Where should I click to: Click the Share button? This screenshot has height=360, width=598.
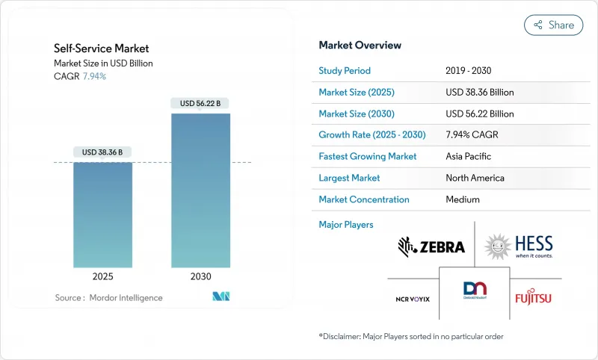pos(553,25)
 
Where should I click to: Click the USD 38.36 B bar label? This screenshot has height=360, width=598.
pos(103,152)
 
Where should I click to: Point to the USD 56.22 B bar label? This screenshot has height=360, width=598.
pos(201,103)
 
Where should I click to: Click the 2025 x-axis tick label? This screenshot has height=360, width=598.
pos(103,276)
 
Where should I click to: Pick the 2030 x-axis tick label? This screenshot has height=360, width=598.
pos(201,276)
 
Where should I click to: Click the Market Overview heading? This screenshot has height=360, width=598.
pos(360,46)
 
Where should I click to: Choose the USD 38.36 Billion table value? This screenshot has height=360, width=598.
pos(479,93)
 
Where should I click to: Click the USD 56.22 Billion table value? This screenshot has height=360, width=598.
pos(479,114)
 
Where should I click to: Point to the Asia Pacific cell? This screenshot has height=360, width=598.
pos(469,157)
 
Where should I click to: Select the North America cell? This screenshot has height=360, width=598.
pos(474,178)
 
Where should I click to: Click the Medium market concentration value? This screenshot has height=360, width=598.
pos(462,199)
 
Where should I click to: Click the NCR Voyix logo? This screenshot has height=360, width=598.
pos(413,299)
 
